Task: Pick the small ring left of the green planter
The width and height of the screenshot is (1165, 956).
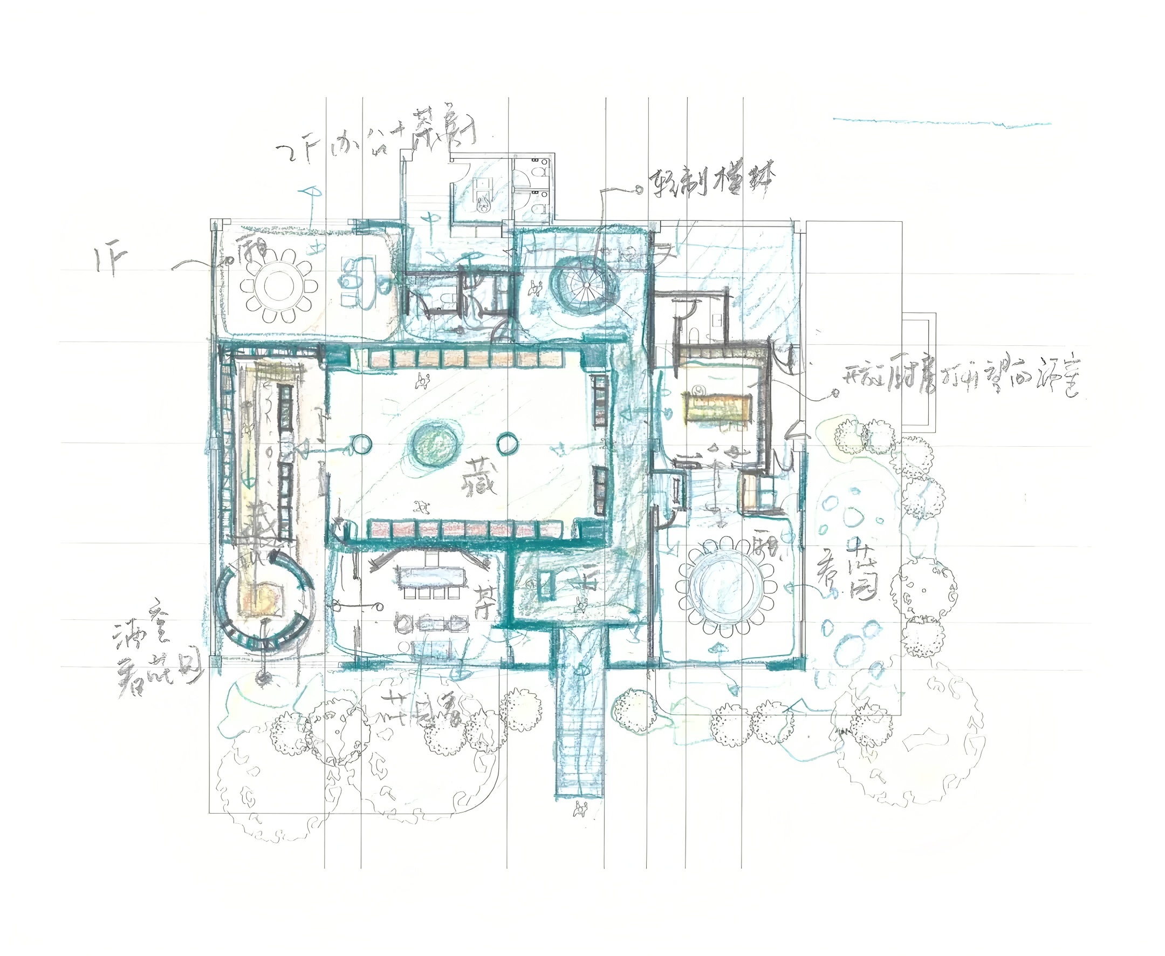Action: pos(361,444)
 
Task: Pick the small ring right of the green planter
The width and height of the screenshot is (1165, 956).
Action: pos(506,444)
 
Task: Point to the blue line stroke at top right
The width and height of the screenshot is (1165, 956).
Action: pos(942,122)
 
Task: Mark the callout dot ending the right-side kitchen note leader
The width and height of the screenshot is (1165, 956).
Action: pos(835,393)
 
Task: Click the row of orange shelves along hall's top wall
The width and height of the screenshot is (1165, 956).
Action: pos(467,359)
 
